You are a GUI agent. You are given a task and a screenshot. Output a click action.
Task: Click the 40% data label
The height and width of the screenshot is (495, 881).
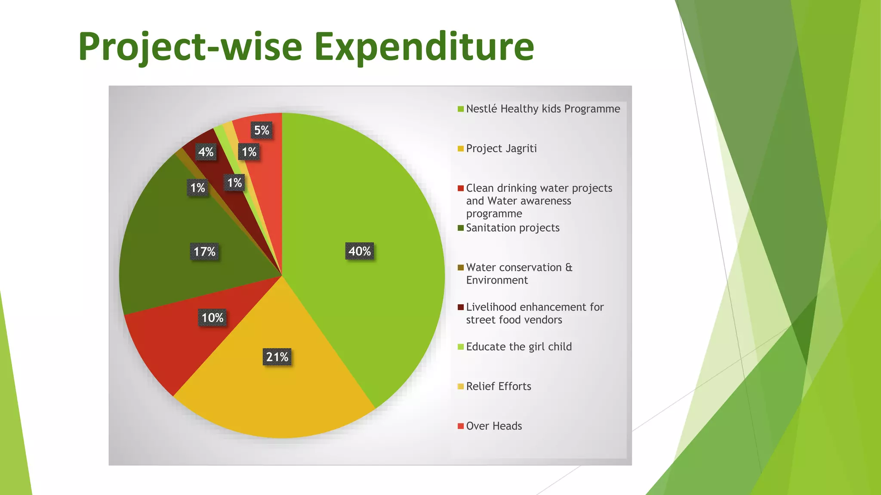pyautogui.click(x=360, y=251)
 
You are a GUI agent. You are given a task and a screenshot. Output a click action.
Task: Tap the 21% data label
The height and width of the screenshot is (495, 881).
pyautogui.click(x=277, y=357)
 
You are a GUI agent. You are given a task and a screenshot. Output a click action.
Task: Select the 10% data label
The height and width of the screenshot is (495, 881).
pyautogui.click(x=213, y=318)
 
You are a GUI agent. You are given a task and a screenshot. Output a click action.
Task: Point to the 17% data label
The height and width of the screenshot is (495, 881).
pyautogui.click(x=204, y=252)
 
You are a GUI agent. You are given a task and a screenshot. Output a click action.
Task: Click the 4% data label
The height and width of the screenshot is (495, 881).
pyautogui.click(x=206, y=152)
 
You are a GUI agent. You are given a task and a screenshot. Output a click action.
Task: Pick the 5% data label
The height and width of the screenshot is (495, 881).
pyautogui.click(x=262, y=130)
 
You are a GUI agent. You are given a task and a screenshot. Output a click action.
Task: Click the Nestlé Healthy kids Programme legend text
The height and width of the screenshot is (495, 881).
pyautogui.click(x=543, y=109)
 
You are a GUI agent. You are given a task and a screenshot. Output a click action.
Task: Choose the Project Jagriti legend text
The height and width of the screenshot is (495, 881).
pyautogui.click(x=501, y=149)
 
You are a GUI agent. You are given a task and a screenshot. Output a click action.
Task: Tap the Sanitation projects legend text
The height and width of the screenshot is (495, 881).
pyautogui.click(x=513, y=228)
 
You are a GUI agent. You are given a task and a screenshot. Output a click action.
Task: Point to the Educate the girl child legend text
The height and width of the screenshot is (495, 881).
pyautogui.click(x=519, y=347)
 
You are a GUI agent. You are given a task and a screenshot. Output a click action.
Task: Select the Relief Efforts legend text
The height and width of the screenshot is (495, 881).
pyautogui.click(x=499, y=386)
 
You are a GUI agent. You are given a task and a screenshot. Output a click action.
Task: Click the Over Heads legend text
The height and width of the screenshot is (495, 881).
pyautogui.click(x=494, y=426)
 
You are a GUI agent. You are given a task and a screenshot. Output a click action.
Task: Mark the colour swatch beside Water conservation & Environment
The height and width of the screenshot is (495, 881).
pyautogui.click(x=461, y=268)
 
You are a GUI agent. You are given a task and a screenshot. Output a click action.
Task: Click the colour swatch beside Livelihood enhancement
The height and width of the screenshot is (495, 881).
pyautogui.click(x=461, y=307)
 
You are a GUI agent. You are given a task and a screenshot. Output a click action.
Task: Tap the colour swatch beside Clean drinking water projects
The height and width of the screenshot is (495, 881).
pyautogui.click(x=461, y=188)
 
